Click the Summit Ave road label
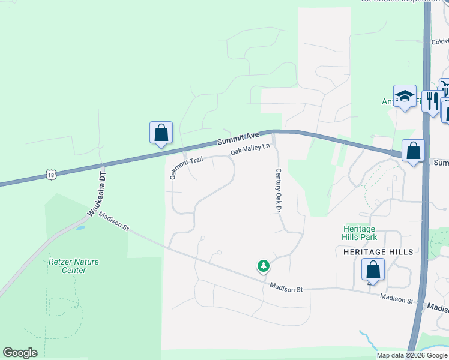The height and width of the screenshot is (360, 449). point(238,139)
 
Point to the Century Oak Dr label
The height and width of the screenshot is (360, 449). point(279,190)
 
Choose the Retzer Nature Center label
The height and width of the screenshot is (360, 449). point(74,266)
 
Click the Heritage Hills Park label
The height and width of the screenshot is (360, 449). point(359,233)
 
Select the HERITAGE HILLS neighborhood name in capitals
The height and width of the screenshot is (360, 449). point(378,252)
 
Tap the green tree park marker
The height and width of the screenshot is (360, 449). point(263,265)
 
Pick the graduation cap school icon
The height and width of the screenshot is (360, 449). point(405,96)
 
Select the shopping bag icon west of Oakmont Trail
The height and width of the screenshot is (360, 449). point(161,133)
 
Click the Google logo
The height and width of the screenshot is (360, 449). point(20,353)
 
